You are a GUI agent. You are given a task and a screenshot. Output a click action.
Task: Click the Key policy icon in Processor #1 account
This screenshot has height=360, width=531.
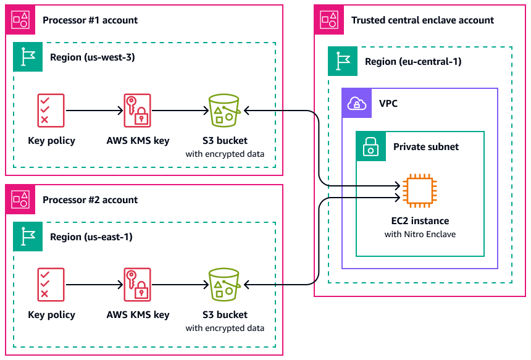pos(51,111)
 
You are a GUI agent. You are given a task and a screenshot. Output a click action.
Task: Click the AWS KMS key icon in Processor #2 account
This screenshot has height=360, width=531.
pos(137,285)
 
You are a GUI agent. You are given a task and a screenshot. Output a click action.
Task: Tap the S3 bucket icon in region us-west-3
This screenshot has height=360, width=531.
pos(224,111)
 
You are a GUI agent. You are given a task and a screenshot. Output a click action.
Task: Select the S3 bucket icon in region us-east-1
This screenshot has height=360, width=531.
pos(224,285)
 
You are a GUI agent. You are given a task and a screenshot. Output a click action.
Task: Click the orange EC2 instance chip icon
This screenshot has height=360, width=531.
pos(418,191)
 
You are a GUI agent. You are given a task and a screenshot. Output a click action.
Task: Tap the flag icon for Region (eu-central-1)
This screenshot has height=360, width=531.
pos(343,62)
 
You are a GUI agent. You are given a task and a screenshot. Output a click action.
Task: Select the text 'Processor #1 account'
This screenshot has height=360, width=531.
pos(90,20)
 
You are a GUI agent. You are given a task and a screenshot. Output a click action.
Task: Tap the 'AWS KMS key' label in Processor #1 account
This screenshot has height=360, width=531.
pos(138,141)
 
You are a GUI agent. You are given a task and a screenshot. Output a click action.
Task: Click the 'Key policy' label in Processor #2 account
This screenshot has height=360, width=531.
pos(51,315)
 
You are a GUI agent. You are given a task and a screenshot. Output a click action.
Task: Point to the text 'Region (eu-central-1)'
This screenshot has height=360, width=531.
pos(413,62)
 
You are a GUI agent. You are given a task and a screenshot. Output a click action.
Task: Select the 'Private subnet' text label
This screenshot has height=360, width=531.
pos(426,147)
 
